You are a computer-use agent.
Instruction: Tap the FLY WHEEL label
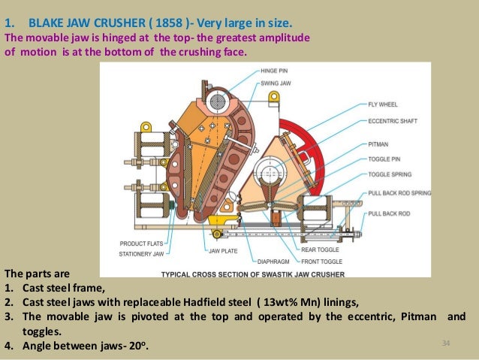[x=384, y=104]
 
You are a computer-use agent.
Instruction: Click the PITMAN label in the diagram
[x=378, y=143]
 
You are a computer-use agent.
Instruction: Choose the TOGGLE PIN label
[x=384, y=159]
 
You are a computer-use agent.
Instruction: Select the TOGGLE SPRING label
[x=390, y=174]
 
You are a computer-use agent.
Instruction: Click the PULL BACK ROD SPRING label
[x=399, y=193]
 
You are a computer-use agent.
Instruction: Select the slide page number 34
[x=445, y=343]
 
